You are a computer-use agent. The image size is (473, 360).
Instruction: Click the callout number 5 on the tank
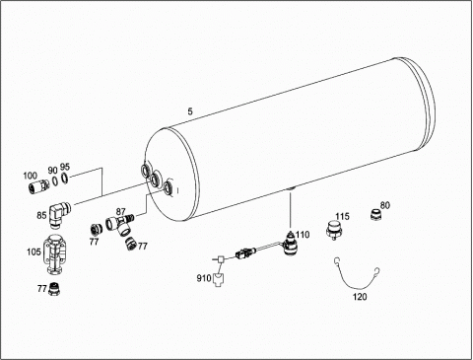point(190,111)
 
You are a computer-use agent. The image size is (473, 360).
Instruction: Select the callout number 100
point(30,176)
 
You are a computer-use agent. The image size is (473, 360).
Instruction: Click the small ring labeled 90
point(56,181)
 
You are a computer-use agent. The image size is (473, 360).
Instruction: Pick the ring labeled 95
point(65,179)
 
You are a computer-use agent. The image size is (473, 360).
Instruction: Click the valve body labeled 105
point(56,253)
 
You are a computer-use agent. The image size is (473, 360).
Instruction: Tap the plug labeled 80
point(375,215)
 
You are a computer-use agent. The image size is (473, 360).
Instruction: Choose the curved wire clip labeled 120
point(357,274)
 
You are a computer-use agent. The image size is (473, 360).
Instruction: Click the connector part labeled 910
point(218,280)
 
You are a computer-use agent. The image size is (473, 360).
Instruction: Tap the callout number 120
point(360,297)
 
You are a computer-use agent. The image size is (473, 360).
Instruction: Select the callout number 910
point(204,278)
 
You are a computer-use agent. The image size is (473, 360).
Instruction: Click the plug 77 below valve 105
point(54,289)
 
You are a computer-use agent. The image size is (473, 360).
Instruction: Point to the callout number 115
point(342,217)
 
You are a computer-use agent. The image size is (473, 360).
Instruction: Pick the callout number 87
point(121,211)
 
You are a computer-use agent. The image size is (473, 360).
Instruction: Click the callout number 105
point(34,252)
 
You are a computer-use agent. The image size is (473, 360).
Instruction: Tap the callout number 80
point(385,205)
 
